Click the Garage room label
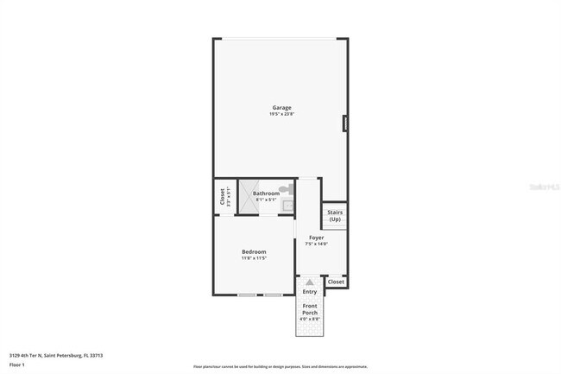(x=281, y=108)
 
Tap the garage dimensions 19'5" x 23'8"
(x=281, y=114)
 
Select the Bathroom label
(x=266, y=193)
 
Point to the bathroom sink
(x=288, y=206)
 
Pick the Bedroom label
(x=254, y=251)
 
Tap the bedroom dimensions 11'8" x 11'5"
(x=254, y=257)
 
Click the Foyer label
(x=317, y=237)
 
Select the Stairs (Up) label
(x=335, y=215)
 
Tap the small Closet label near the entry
(x=336, y=282)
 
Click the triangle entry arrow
(x=309, y=282)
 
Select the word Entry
(x=309, y=292)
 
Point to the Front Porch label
(x=309, y=308)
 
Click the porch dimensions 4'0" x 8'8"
(x=309, y=319)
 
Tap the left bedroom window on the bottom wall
(x=248, y=295)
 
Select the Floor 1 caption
(x=16, y=364)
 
